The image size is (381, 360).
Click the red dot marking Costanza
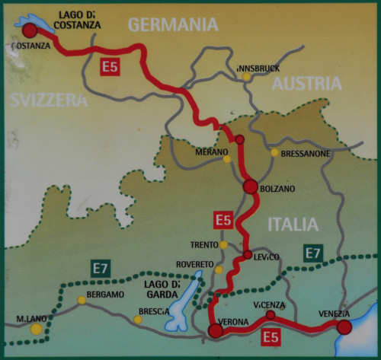point(30,30)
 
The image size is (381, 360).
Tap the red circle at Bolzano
point(249,186)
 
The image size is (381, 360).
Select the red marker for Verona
point(216,330)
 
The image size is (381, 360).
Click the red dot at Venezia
point(344,327)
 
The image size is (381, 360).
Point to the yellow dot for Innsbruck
point(246,77)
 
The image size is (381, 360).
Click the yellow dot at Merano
point(226,159)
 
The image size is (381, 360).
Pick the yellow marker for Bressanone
point(274,152)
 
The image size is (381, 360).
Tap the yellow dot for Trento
point(223,245)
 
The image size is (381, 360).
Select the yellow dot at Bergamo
point(82,301)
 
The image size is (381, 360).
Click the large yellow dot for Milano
point(36,329)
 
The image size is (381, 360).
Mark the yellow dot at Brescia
point(138,320)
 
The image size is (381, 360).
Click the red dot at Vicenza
point(271,314)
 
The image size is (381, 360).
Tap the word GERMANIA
point(173,24)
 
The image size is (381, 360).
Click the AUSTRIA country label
point(307,84)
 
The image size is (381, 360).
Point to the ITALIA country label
point(292,224)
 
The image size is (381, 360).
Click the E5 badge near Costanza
point(110,67)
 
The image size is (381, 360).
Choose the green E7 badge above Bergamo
point(100,268)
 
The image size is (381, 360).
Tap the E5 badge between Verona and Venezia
point(271,337)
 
